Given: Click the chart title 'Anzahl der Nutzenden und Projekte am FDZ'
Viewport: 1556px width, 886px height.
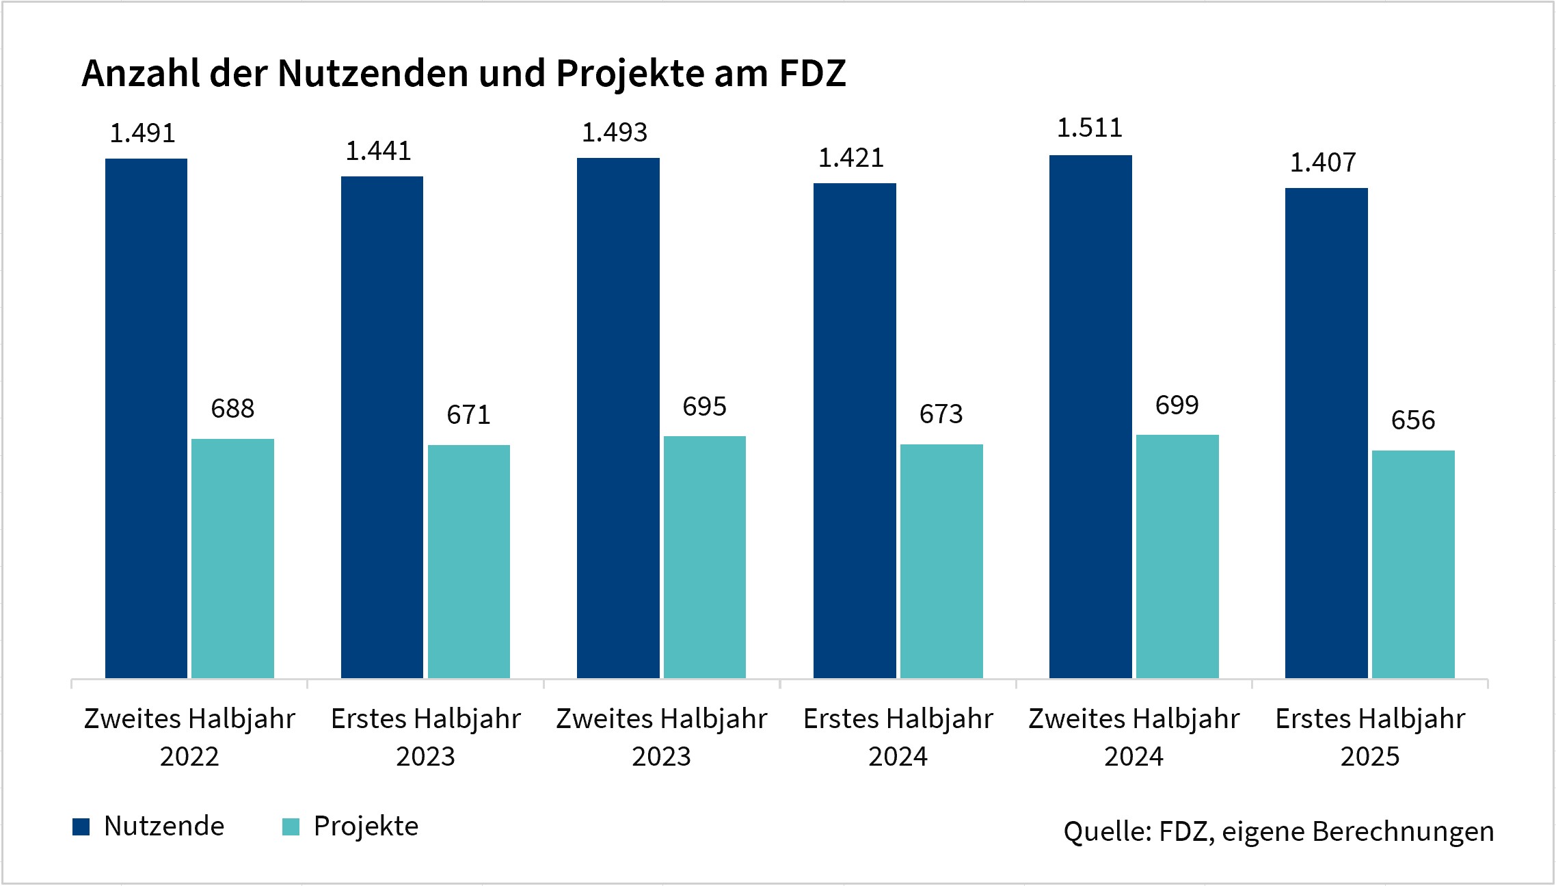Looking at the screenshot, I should [x=464, y=74].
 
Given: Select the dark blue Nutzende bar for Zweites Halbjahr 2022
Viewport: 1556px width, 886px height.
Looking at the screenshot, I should [x=146, y=418].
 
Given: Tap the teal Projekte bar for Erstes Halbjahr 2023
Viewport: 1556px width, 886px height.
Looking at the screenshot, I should [x=469, y=561].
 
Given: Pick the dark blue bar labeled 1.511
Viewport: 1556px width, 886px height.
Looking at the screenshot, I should [x=1090, y=416].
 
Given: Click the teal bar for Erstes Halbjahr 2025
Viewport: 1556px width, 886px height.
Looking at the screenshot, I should [x=1413, y=564].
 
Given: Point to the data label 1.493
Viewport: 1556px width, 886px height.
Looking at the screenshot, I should [x=614, y=133].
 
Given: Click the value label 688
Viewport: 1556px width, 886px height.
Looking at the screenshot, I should [x=232, y=409].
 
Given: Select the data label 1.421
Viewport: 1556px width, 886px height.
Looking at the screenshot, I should [x=850, y=159].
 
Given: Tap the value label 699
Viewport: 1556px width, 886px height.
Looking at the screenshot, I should [x=1177, y=405].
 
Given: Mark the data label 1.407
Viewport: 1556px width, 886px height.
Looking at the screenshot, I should [x=1322, y=163].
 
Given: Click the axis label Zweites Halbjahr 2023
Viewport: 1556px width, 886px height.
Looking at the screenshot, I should [x=661, y=737].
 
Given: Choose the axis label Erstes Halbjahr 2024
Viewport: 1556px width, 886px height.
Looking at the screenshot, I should [x=898, y=737].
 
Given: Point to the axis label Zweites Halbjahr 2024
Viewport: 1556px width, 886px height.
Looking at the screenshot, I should [x=1134, y=737].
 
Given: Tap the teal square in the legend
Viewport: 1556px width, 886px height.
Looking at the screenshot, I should [x=291, y=827].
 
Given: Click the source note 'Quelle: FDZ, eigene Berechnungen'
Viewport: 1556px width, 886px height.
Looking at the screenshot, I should [x=1278, y=831].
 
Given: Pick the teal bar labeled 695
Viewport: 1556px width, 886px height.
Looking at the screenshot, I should [x=705, y=557].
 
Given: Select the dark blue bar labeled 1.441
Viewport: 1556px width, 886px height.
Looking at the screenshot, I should [x=382, y=427].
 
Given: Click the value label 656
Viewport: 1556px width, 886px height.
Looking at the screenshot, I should [x=1412, y=420].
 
